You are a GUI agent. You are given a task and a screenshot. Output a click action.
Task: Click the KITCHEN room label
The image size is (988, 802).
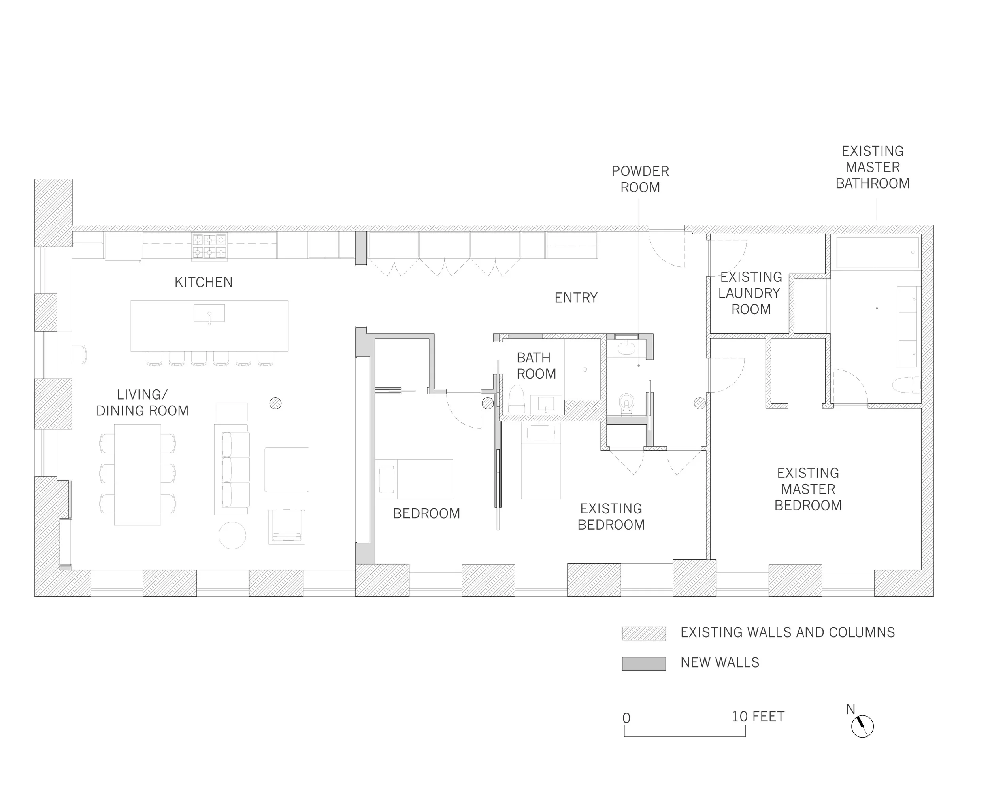tap(203, 282)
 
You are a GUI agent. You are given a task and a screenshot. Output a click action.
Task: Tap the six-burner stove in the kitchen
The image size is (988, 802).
tap(210, 247)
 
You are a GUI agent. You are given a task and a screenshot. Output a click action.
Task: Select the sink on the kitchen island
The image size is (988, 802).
tap(209, 313)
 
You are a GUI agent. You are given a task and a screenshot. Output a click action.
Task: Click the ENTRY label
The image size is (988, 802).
tap(576, 298)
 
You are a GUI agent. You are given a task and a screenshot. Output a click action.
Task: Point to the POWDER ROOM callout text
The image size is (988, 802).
tap(640, 179)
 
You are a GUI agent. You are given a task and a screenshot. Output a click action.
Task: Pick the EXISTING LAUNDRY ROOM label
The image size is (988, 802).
tap(750, 293)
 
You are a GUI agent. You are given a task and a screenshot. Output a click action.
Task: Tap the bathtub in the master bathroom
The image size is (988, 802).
tap(877, 252)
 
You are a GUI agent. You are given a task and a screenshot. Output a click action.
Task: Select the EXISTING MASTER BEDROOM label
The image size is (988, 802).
tap(808, 489)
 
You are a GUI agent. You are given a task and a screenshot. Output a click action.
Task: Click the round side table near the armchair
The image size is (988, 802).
tap(232, 535)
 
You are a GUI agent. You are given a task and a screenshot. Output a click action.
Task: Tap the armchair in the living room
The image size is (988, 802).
tap(287, 526)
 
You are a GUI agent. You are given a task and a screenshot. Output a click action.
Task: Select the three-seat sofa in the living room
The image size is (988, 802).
tap(232, 469)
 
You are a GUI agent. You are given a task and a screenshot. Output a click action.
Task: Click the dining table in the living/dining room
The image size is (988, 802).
tap(138, 474)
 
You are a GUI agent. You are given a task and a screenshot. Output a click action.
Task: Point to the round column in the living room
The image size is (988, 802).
tap(275, 403)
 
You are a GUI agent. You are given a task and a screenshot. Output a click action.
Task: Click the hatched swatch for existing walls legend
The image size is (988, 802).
tap(643, 633)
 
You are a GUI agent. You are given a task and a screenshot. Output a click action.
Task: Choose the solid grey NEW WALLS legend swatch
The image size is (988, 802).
tap(643, 663)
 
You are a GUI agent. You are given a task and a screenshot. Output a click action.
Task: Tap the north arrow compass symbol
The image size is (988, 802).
tap(862, 726)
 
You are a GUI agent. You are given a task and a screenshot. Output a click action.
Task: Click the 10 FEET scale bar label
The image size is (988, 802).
tap(758, 717)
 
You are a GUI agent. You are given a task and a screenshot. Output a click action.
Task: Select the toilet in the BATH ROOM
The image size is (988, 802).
tap(517, 399)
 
